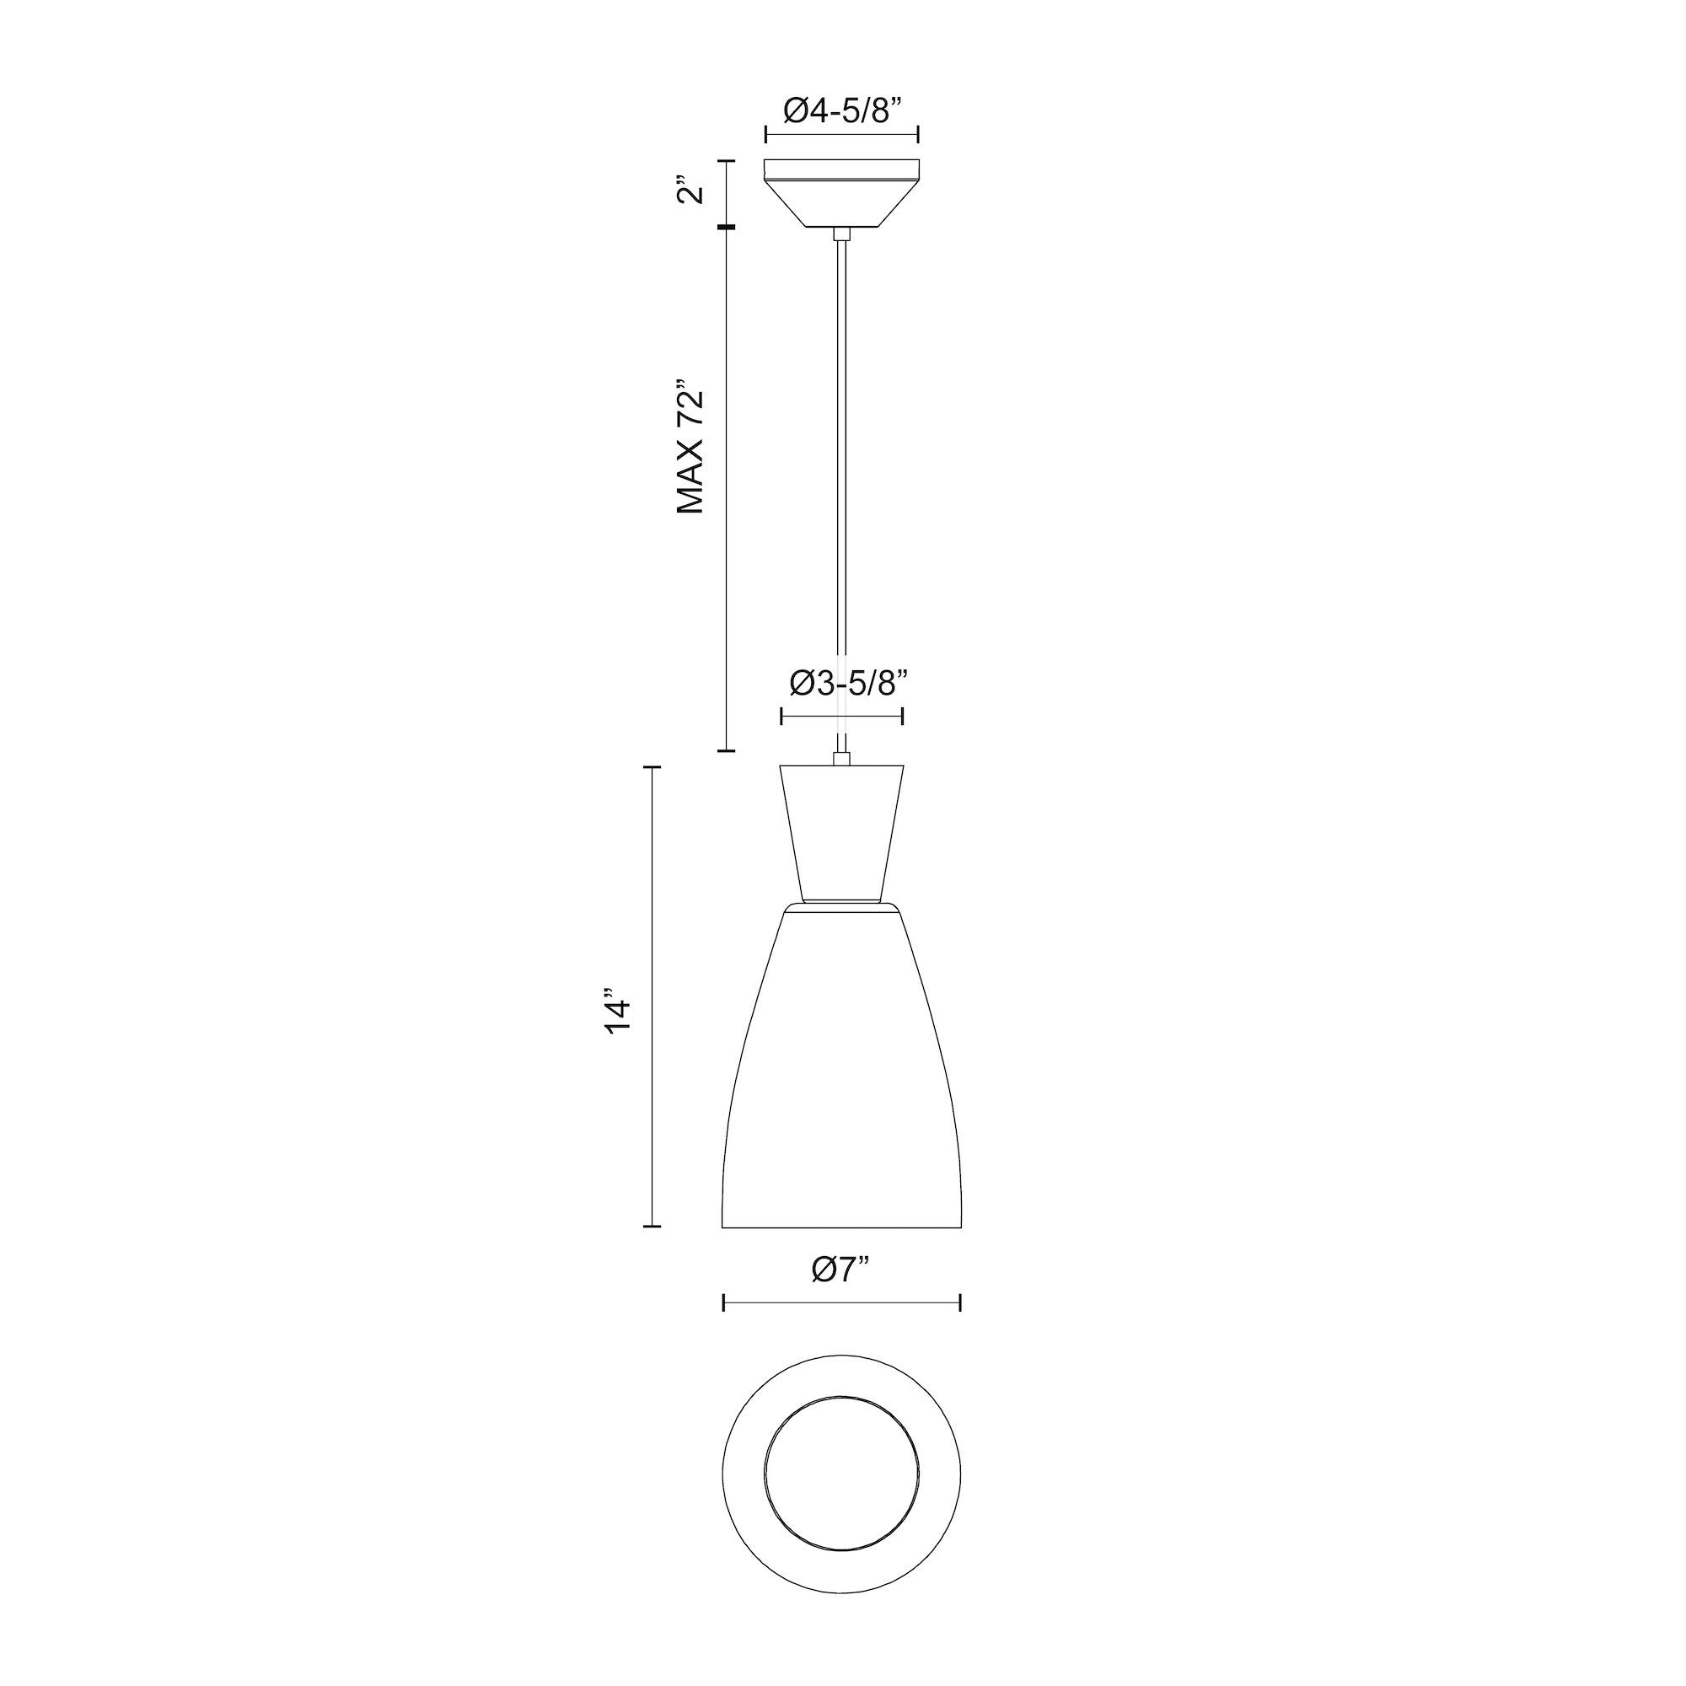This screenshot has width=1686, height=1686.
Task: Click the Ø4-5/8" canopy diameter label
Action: [841, 110]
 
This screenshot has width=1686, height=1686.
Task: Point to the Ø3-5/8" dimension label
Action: [842, 684]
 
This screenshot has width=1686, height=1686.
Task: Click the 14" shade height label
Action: [617, 1012]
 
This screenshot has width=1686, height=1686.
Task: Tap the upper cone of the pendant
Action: [841, 829]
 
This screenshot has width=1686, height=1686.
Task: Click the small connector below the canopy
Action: [841, 233]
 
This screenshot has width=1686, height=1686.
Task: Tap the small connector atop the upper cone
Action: [841, 760]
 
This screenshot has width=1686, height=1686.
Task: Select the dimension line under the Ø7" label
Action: [841, 1328]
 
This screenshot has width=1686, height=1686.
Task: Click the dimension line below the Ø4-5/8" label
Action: [841, 134]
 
